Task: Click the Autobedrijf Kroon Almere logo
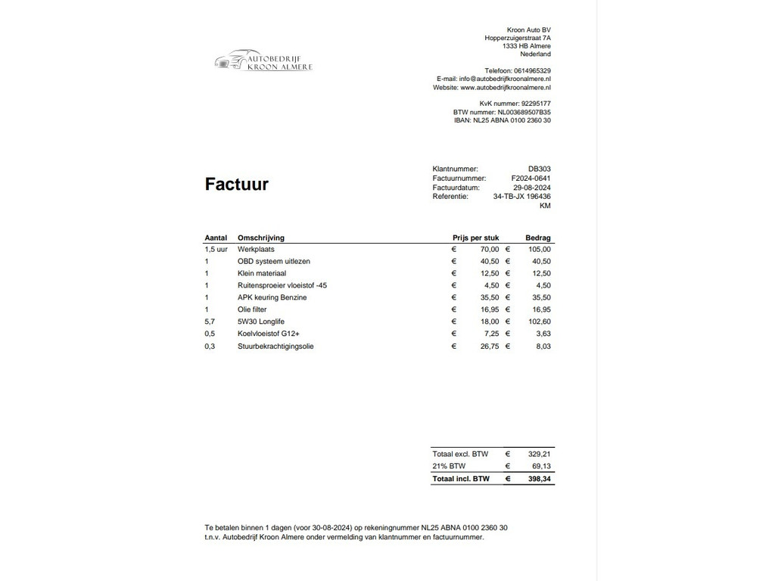263,61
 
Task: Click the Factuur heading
236,185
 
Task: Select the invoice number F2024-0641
531,179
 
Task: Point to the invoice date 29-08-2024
531,188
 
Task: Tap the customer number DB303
540,169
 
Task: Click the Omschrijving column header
261,238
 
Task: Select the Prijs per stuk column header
475,238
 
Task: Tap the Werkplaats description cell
256,249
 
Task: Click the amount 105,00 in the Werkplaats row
540,249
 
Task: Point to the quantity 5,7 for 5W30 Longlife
210,322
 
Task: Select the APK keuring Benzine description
272,297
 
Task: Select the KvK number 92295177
536,104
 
